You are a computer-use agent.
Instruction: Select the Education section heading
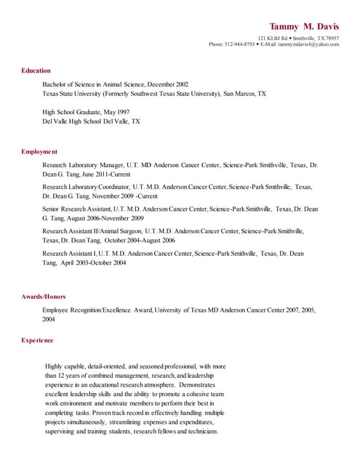(x=36, y=70)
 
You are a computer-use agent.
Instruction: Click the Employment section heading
(x=39, y=152)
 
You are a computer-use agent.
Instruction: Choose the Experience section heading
(x=37, y=340)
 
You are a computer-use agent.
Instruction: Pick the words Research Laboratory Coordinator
(x=87, y=187)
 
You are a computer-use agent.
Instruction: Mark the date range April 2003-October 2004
(x=93, y=263)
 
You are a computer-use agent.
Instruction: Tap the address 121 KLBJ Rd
(x=273, y=38)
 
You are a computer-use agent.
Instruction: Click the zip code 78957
(x=332, y=38)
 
